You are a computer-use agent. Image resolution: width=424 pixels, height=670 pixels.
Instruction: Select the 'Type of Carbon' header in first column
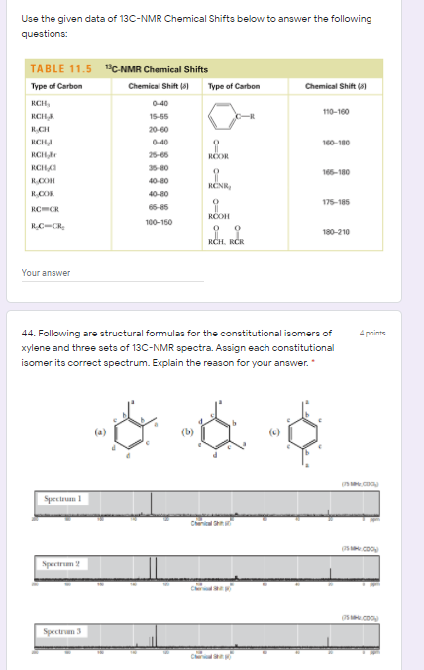(x=57, y=86)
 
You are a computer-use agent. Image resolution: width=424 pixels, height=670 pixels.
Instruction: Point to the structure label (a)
(x=99, y=430)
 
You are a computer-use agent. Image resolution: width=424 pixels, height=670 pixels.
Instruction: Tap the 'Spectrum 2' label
(x=61, y=563)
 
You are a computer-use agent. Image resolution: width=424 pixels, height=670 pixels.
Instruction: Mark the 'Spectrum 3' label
(x=61, y=629)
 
